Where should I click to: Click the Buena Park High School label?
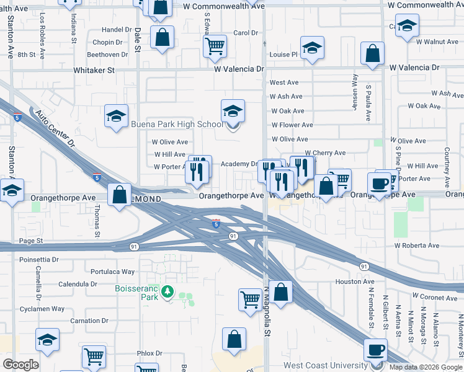(176, 124)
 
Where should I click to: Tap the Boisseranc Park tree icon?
(167, 291)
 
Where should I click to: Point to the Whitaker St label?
(94, 71)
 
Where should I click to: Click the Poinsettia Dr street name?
(38, 260)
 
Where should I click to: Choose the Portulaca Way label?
(112, 272)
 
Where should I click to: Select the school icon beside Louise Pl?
(313, 47)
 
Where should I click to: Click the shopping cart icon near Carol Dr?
(215, 45)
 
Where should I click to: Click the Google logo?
(20, 365)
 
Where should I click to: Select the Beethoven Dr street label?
(107, 55)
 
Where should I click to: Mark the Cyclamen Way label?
(41, 309)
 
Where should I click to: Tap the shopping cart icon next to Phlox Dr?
(94, 358)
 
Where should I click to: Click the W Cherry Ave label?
(325, 153)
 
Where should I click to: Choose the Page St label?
(30, 241)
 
